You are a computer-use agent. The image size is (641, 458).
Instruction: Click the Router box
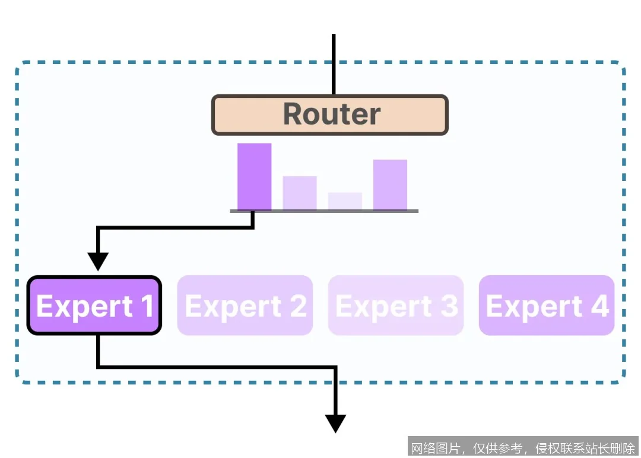(329, 115)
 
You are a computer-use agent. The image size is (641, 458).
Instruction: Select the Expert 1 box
(94, 306)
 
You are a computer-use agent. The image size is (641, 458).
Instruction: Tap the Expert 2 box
(245, 306)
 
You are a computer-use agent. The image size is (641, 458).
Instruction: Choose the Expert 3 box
(395, 306)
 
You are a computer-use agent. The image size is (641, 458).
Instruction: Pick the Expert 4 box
(546, 306)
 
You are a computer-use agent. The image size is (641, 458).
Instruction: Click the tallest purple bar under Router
(254, 176)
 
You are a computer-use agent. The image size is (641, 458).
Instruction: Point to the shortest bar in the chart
(345, 201)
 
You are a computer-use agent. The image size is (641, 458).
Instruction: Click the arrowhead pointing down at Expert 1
(98, 260)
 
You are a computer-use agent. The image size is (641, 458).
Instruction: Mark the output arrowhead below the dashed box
(335, 423)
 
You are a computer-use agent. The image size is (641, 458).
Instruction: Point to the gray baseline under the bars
(324, 211)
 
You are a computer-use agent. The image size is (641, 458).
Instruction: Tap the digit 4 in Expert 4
(599, 306)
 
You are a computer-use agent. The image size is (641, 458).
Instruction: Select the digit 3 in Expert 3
(449, 306)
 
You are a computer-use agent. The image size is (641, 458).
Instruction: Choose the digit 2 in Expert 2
(298, 306)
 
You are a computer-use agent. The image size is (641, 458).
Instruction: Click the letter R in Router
(294, 114)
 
